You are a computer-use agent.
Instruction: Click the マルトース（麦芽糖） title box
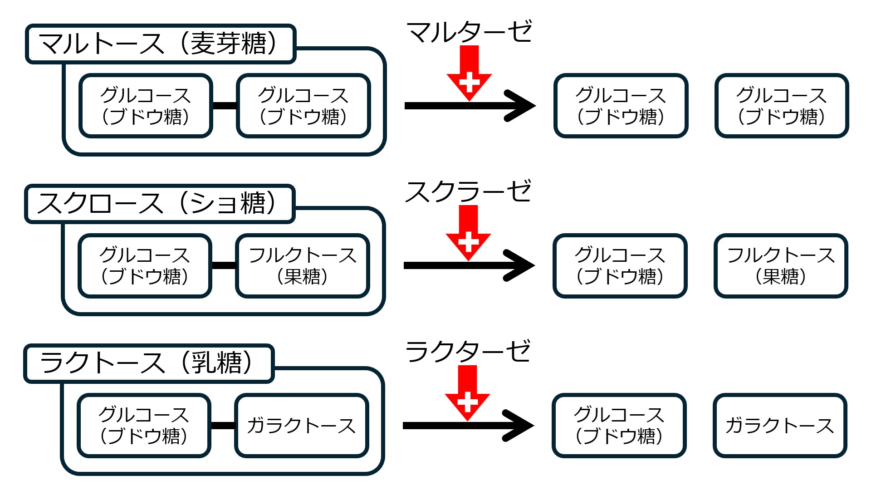[x=160, y=44]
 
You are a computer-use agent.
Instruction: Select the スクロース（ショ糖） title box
[x=159, y=204]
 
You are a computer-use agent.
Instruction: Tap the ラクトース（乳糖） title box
[x=148, y=363]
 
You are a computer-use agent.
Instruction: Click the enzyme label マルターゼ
[x=469, y=32]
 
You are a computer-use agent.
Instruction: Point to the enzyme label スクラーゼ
[x=468, y=191]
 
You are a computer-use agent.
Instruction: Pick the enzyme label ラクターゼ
[x=467, y=352]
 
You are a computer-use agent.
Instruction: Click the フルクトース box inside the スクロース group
[x=303, y=266]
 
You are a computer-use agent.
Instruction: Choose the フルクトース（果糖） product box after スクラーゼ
[x=780, y=266]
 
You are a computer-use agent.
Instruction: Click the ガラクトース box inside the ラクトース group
[x=302, y=426]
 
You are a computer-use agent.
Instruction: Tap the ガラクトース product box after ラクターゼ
[x=779, y=426]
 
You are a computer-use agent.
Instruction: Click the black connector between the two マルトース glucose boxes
[x=225, y=106]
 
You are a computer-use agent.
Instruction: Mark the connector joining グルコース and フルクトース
[x=224, y=265]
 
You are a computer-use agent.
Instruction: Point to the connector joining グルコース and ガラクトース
[x=223, y=426]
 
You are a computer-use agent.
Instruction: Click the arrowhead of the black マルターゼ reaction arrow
[x=522, y=106]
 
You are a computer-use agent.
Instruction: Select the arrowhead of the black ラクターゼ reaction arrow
[x=520, y=426]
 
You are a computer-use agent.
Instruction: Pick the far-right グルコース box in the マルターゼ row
[x=781, y=106]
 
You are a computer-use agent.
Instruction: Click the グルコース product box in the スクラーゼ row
[x=620, y=266]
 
